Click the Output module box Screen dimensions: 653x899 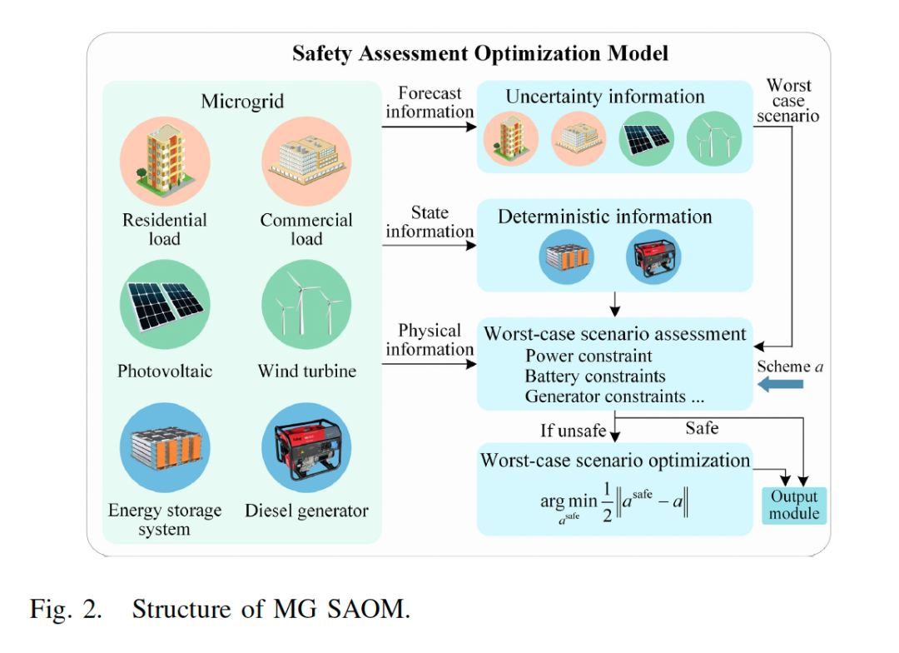tap(793, 505)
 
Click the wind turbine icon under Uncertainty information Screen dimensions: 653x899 tap(713, 138)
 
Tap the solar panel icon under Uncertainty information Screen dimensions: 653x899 tap(646, 138)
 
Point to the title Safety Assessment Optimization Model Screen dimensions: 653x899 tap(479, 54)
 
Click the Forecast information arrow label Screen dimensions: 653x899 tap(430, 102)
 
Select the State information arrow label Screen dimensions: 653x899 tap(430, 222)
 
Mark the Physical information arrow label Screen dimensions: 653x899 tap(430, 340)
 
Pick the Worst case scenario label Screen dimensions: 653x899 tap(788, 100)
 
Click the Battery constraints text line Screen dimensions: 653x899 tap(594, 376)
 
